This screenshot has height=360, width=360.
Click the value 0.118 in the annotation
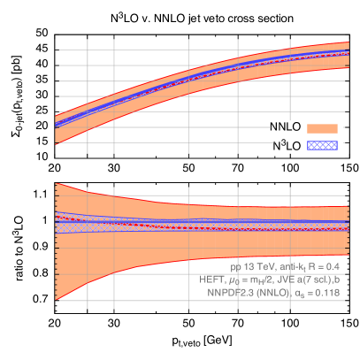click(x=326, y=291)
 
